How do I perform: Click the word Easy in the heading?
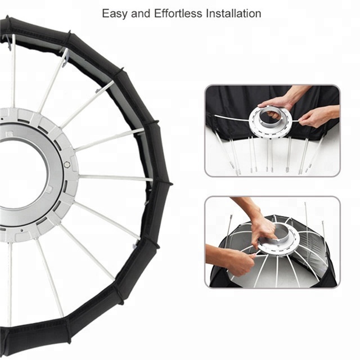coord(114,13)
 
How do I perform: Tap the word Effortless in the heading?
coord(178,13)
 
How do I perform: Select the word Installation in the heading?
coord(233,13)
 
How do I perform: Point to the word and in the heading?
coord(141,13)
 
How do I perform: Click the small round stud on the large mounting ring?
coord(67,164)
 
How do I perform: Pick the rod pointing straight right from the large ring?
coord(116,178)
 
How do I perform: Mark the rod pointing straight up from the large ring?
coord(13,71)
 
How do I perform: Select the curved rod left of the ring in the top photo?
coord(232,118)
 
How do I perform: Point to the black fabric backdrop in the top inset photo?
coord(232,101)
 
